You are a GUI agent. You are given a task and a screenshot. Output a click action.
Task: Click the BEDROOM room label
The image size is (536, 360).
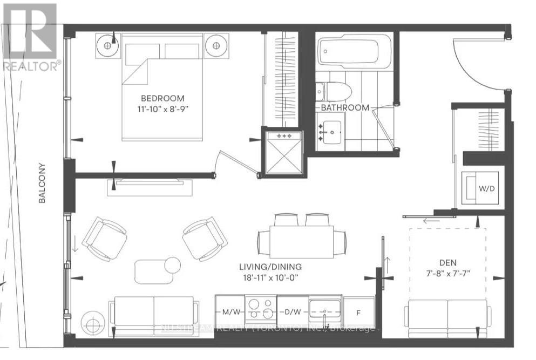pyautogui.click(x=162, y=98)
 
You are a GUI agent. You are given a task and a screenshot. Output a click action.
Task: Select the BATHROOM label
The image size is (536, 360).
pyautogui.click(x=345, y=107)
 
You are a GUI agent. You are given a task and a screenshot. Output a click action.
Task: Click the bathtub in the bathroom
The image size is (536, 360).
pyautogui.click(x=354, y=53)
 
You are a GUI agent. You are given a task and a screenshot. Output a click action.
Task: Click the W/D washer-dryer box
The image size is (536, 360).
pyautogui.click(x=480, y=189)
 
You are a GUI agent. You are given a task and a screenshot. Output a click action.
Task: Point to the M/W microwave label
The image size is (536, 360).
pyautogui.click(x=230, y=313)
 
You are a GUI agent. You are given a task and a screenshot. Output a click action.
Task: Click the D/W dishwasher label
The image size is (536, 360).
pyautogui.click(x=292, y=313)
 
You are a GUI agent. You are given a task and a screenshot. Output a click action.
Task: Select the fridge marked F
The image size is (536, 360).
pyautogui.click(x=359, y=313)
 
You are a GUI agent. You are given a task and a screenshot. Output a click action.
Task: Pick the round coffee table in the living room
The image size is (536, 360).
pyautogui.click(x=172, y=264)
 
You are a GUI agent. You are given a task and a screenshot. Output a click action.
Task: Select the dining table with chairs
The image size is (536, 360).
pyautogui.click(x=302, y=238)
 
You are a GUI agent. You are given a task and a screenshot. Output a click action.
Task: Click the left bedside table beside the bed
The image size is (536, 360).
pyautogui.click(x=107, y=46)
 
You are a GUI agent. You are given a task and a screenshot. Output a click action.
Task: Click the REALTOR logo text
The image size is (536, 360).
pyautogui.click(x=31, y=66)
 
